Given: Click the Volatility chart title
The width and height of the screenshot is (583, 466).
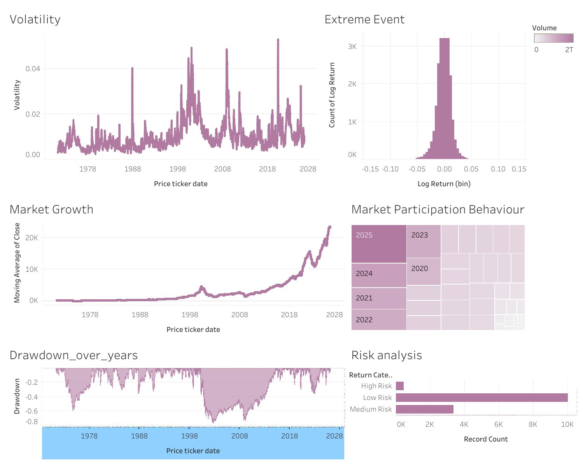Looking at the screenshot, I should [35, 19].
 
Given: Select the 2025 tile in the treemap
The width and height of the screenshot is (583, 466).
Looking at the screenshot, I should [379, 244].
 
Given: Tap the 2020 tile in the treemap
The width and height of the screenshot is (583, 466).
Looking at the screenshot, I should [424, 271].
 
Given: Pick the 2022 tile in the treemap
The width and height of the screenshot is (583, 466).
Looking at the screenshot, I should [379, 320].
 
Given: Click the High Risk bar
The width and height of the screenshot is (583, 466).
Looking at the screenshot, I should [400, 386].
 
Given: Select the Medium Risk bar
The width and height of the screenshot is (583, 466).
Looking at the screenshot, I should [425, 409].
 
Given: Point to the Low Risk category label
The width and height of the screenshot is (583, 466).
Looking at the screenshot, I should [377, 398].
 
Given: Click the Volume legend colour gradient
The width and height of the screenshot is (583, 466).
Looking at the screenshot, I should [554, 38].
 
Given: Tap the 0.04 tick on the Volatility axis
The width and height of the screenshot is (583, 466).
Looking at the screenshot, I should [33, 69].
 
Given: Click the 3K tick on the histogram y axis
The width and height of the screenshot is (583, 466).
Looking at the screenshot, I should [352, 47].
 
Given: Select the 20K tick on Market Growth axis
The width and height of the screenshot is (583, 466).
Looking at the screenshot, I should [32, 237].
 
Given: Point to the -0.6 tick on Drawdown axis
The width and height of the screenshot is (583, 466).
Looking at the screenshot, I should [32, 411].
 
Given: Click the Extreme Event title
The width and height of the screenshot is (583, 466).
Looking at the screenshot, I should [364, 19].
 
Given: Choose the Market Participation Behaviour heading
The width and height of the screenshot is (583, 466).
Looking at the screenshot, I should [438, 209].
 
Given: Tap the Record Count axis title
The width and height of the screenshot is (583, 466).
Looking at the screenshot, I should [486, 439].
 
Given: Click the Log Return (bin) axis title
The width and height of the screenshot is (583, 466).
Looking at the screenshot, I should [444, 184].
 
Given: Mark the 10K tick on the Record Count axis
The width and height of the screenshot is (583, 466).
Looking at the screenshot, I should [567, 424].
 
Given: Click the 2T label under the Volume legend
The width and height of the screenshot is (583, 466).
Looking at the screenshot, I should [569, 50].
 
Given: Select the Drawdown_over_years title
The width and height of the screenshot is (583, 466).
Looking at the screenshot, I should [74, 355].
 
